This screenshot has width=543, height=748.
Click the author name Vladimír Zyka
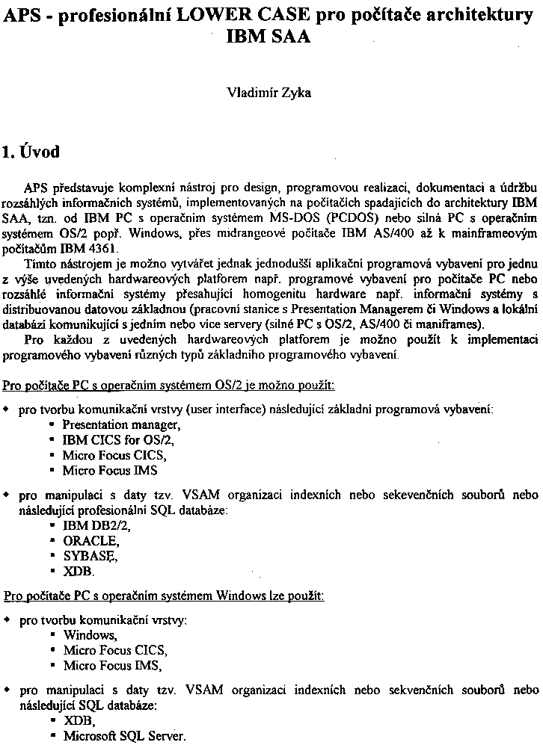(269, 93)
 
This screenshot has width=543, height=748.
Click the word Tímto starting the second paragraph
(40, 265)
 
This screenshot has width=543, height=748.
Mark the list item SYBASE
(90, 555)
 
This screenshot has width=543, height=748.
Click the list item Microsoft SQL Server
(123, 735)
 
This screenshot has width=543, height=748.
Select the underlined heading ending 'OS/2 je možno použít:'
(169, 386)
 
